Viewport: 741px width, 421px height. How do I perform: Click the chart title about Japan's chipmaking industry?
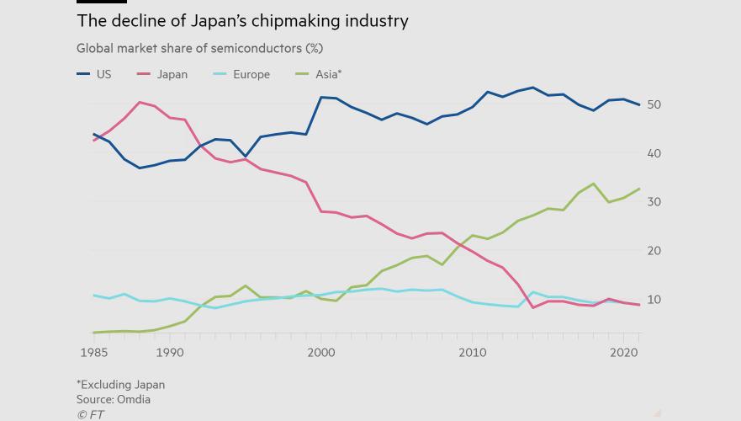[242, 20]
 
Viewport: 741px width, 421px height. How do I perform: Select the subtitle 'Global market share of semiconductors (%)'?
[199, 48]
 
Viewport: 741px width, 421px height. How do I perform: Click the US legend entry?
[94, 74]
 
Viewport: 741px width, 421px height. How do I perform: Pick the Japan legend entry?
[162, 74]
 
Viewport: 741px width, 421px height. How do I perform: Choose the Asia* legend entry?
[319, 74]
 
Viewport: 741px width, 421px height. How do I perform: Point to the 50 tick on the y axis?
[654, 104]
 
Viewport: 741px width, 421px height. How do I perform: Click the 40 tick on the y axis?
[654, 153]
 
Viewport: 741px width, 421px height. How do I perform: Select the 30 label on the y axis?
[654, 202]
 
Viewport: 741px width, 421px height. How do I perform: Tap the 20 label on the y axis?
[654, 251]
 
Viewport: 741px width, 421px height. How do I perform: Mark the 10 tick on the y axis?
[654, 300]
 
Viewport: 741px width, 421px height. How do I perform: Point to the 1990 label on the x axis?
[169, 353]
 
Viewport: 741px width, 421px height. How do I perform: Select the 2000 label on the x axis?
[320, 353]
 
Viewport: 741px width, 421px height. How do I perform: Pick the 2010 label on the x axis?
[473, 353]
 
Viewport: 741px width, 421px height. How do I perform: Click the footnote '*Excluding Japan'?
[120, 384]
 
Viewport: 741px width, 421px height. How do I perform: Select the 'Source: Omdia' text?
[114, 399]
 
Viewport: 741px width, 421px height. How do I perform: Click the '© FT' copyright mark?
[90, 414]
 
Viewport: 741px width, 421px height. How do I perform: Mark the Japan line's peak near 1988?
[140, 103]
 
